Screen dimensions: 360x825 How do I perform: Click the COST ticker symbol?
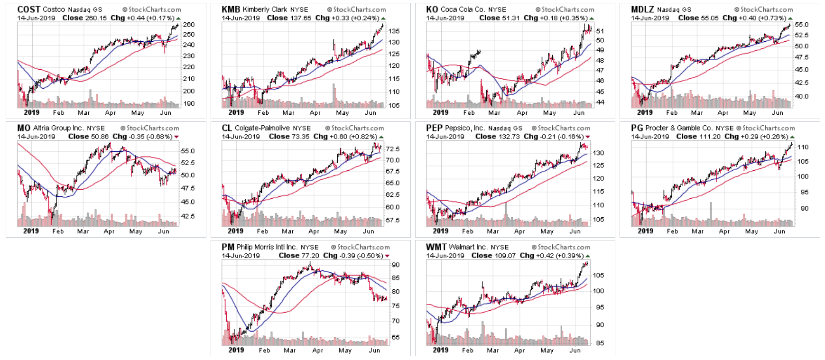click(28, 9)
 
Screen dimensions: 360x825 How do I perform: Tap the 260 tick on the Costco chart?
click(189, 25)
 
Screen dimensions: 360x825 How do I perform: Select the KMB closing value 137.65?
click(300, 18)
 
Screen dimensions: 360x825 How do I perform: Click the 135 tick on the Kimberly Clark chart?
click(394, 31)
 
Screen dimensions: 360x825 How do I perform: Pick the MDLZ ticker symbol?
click(642, 9)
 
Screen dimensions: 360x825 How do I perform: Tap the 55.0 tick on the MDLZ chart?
click(801, 25)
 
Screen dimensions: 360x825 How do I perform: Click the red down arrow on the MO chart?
click(177, 137)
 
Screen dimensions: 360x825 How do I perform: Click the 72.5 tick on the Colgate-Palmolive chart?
click(392, 149)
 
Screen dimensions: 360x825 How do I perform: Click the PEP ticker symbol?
click(434, 128)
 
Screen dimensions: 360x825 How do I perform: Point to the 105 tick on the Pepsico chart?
click(598, 220)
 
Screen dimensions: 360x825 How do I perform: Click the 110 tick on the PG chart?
click(803, 148)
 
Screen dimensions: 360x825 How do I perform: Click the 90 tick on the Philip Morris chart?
click(395, 265)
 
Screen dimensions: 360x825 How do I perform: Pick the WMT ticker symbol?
click(436, 247)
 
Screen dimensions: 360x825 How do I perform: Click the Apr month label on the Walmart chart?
click(519, 351)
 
